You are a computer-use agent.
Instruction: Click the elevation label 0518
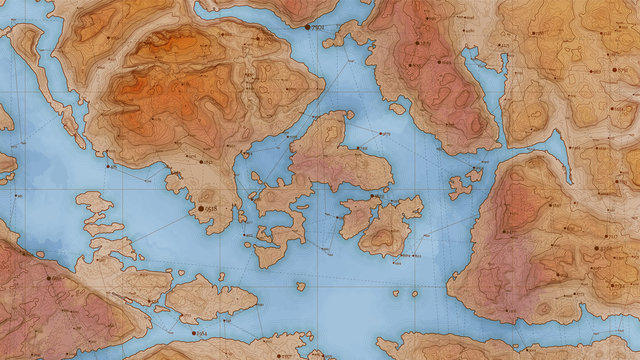(213, 208)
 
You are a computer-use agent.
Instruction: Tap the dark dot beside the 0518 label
(199, 208)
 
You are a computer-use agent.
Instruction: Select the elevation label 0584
(202, 333)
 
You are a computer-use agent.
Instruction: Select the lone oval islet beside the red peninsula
(398, 108)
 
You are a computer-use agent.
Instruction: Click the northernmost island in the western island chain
(95, 206)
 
